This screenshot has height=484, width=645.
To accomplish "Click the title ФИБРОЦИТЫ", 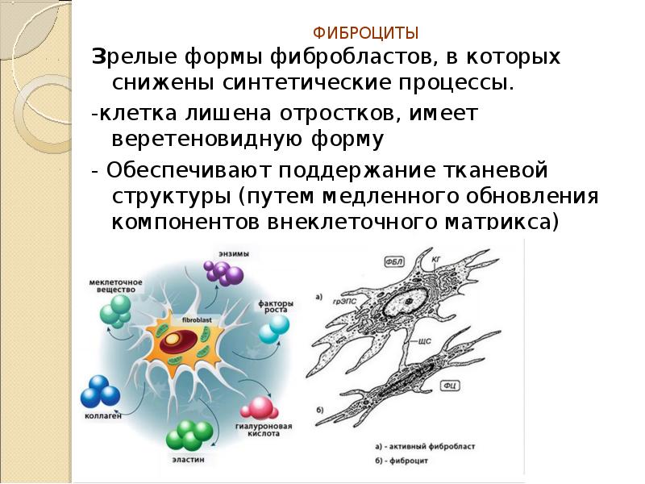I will tap(365, 34).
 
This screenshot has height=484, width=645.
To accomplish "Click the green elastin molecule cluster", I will tap(186, 438).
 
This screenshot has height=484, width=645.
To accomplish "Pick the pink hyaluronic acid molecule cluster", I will tap(259, 408).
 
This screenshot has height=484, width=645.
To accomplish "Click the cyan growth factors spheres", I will tap(275, 328).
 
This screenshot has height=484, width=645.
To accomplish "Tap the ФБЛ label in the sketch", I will tap(394, 262).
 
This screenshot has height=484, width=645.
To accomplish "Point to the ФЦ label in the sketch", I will tap(452, 386).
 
